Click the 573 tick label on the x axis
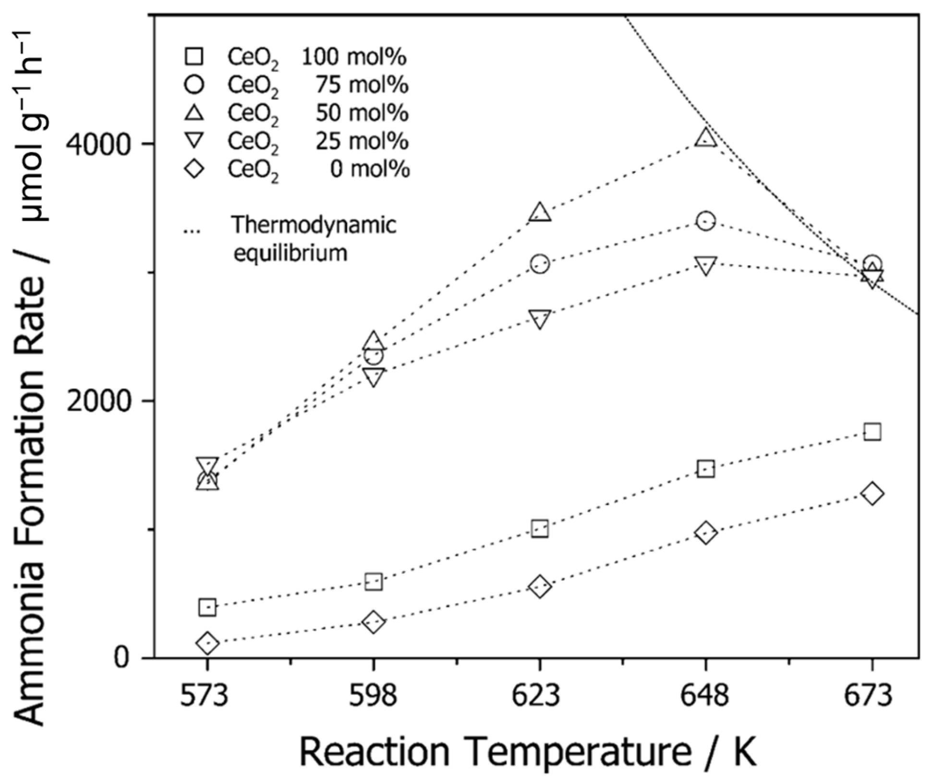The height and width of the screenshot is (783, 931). click(x=207, y=696)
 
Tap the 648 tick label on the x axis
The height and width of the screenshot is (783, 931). click(x=705, y=696)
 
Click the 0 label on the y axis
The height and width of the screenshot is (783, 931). click(x=122, y=657)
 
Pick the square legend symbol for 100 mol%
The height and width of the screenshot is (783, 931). click(x=194, y=56)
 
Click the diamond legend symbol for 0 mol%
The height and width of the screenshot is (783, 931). click(x=194, y=169)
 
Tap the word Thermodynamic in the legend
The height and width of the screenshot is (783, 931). click(x=314, y=224)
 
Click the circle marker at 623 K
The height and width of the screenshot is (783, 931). click(x=540, y=264)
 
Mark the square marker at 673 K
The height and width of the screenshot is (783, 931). click(x=872, y=431)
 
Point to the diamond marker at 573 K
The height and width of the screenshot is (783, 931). click(x=207, y=643)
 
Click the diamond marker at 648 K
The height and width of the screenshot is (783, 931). click(x=705, y=533)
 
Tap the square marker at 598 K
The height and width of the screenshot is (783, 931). click(x=374, y=582)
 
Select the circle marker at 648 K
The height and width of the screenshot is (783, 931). click(x=705, y=221)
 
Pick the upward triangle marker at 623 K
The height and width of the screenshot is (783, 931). click(x=540, y=212)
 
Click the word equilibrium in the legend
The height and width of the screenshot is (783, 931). click(x=290, y=253)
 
